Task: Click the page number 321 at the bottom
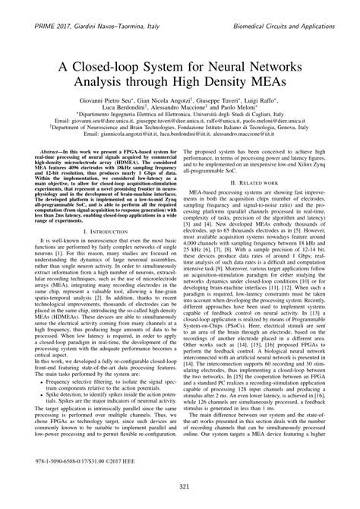pyautogui.click(x=179, y=486)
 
